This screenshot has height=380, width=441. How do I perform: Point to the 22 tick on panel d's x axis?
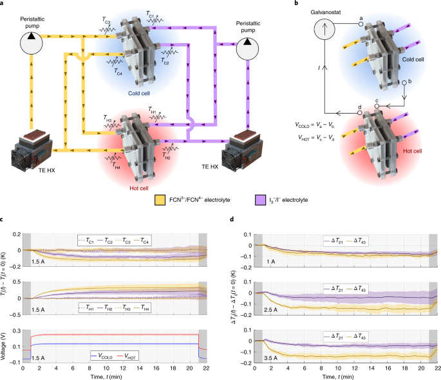tap(436, 368)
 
